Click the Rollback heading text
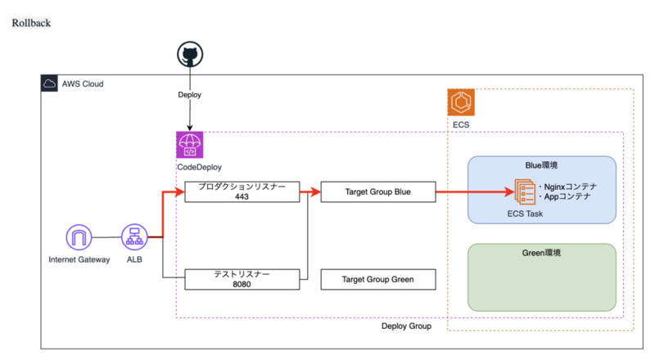click(31, 22)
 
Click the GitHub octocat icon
click(190, 56)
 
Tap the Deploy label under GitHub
click(190, 95)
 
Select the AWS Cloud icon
click(49, 83)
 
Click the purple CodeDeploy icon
click(190, 145)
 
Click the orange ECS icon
click(461, 102)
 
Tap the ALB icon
click(133, 238)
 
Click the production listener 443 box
click(242, 192)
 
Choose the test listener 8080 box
click(242, 279)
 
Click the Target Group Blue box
click(377, 192)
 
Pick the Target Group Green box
click(377, 279)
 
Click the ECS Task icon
click(522, 191)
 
